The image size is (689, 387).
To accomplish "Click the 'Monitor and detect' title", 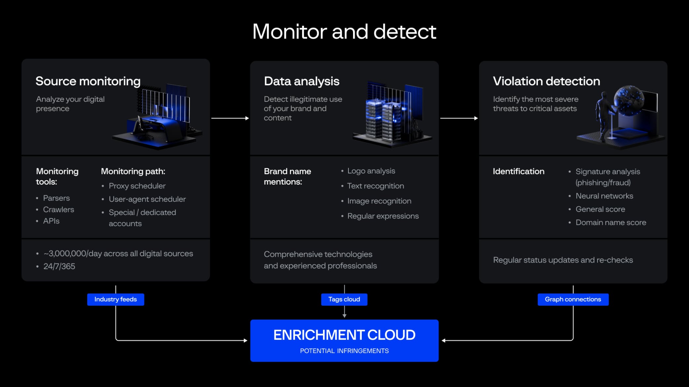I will [x=344, y=32].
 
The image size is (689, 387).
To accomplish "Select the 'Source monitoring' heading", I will [x=88, y=81].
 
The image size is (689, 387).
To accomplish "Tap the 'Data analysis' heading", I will [x=302, y=81].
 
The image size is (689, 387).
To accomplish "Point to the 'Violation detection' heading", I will [x=546, y=81].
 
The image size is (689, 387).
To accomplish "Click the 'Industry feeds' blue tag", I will [x=115, y=299].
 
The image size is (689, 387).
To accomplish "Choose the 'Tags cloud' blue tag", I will [x=344, y=299].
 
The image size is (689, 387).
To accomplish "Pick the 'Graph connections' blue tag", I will [x=573, y=299].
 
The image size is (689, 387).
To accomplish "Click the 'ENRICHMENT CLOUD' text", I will [x=344, y=335].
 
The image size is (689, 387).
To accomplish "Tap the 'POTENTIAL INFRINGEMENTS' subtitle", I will [x=344, y=351].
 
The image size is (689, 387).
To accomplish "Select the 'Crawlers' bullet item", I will [x=59, y=210].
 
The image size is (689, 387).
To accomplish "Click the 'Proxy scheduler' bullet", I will [x=137, y=186].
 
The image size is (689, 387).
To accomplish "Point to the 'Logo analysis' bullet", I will [x=371, y=171].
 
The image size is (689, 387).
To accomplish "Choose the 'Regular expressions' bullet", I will [x=383, y=216].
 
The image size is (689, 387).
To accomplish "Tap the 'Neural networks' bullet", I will [x=604, y=196].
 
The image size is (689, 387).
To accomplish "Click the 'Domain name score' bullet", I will [x=611, y=223].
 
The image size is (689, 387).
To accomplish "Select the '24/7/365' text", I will [x=59, y=266].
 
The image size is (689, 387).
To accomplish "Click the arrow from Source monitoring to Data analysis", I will [x=230, y=118].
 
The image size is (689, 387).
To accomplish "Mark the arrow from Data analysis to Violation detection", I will [x=459, y=118].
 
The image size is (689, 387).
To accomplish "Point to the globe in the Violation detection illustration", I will [x=628, y=100].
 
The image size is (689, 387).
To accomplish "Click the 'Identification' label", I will [x=518, y=171].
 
